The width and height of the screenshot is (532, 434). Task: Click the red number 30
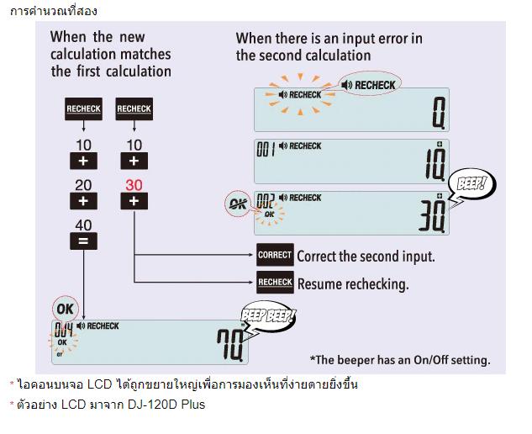134,185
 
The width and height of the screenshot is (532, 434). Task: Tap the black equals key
83,241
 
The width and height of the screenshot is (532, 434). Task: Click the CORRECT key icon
275,255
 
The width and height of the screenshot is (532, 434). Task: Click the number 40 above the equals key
83,225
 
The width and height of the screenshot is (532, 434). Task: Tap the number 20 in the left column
83,185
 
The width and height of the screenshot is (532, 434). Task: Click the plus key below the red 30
134,201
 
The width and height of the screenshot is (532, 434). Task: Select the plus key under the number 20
83,201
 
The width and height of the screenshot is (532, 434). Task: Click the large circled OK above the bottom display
65,309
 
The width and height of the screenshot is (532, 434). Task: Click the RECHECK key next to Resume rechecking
275,283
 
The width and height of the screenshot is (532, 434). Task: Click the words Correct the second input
366,256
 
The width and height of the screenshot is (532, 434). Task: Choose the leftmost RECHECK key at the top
83,109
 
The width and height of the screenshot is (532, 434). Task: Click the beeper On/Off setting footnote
400,360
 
